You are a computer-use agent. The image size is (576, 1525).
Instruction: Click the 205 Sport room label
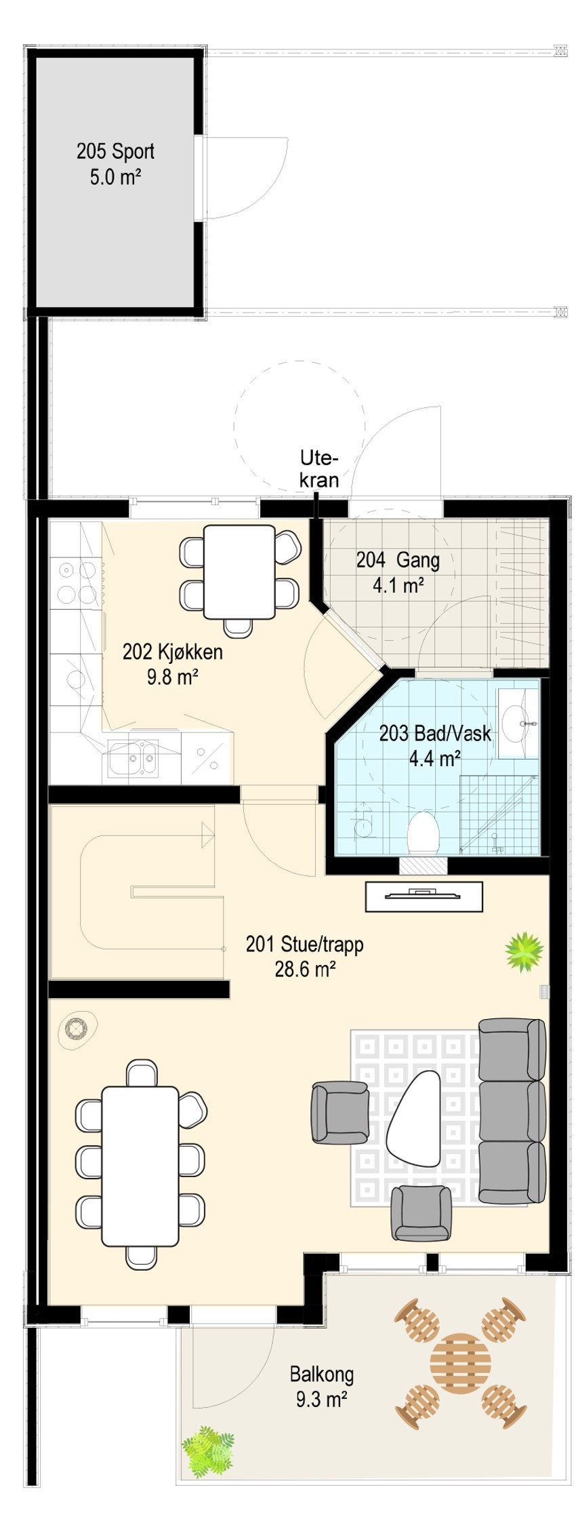click(115, 151)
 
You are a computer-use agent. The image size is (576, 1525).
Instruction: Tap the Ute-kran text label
click(318, 469)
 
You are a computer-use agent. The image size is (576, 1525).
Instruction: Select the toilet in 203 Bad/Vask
click(424, 832)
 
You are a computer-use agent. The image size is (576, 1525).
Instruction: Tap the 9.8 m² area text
click(172, 676)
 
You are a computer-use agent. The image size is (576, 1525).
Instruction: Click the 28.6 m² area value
click(305, 968)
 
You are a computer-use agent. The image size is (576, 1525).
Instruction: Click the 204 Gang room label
click(398, 560)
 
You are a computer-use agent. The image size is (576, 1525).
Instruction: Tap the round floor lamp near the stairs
click(77, 1030)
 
